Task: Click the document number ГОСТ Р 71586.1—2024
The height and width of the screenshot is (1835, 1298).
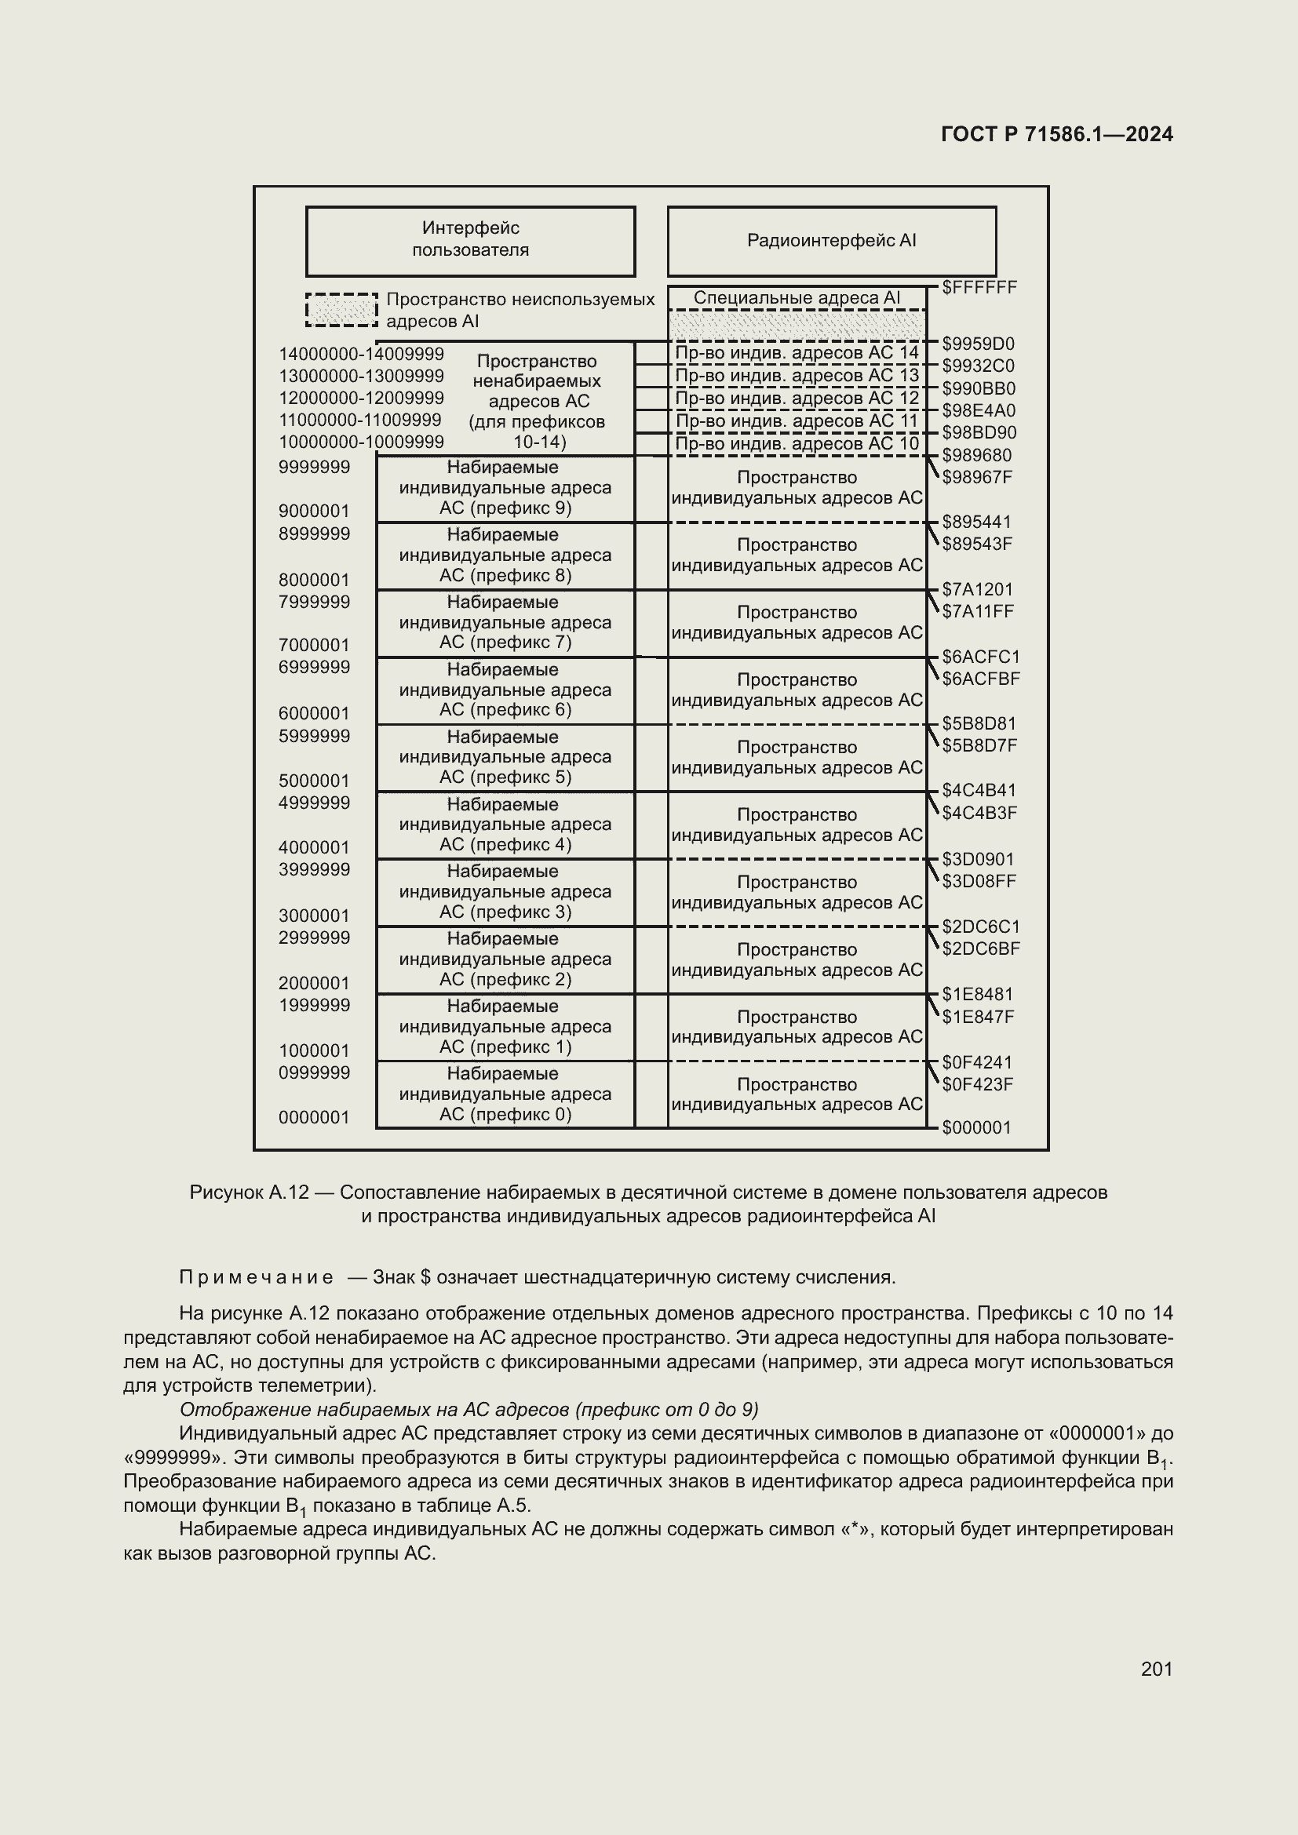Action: click(1056, 134)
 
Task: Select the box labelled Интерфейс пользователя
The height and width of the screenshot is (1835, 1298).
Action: click(470, 240)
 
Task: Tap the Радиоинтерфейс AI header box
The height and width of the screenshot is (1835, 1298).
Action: click(831, 241)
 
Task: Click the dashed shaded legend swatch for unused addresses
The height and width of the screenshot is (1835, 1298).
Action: click(341, 310)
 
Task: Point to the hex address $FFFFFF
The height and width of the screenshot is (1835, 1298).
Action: click(979, 288)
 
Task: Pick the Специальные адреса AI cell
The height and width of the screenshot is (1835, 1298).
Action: click(797, 298)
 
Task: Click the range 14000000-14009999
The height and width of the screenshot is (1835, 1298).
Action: click(361, 354)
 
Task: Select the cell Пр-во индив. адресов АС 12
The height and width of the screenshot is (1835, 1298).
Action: click(797, 398)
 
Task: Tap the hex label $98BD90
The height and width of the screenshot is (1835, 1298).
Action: click(979, 433)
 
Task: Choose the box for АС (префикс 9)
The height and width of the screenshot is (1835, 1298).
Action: click(505, 488)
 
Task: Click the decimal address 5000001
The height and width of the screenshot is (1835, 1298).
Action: click(314, 780)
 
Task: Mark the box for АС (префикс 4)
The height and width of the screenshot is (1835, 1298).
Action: click(505, 825)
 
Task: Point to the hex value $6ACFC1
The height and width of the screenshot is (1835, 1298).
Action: click(981, 657)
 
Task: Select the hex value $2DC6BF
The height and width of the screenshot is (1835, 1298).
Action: click(981, 948)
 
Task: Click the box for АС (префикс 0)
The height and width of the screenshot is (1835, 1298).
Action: click(505, 1094)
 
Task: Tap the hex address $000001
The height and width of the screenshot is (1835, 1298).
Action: click(977, 1127)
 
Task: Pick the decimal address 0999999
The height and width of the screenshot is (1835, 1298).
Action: click(314, 1072)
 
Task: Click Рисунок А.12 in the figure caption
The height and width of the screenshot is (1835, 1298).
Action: click(249, 1192)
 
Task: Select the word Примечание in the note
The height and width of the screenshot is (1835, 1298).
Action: click(257, 1277)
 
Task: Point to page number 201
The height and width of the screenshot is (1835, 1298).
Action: click(1156, 1669)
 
